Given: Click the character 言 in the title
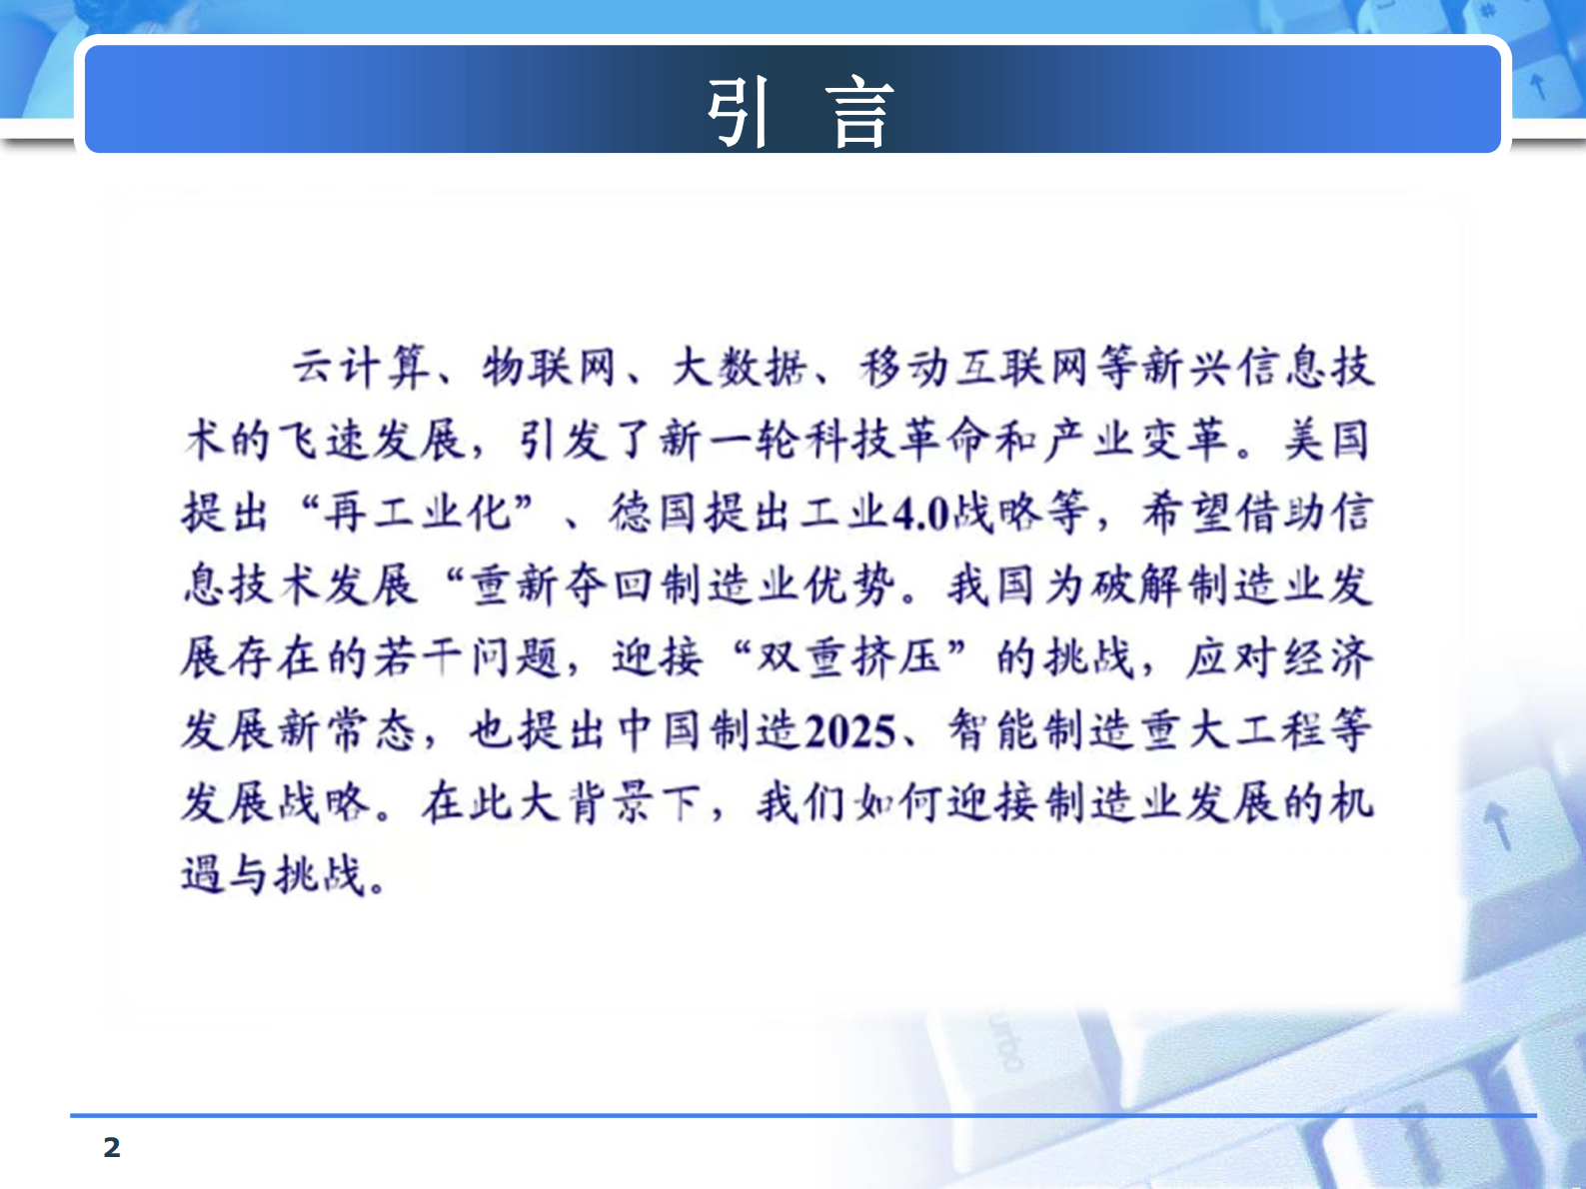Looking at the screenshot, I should pyautogui.click(x=858, y=113).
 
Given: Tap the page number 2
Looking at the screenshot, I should pyautogui.click(x=112, y=1147).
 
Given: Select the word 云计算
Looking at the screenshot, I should pyautogui.click(x=361, y=367).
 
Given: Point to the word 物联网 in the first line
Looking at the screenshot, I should pyautogui.click(x=549, y=367).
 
